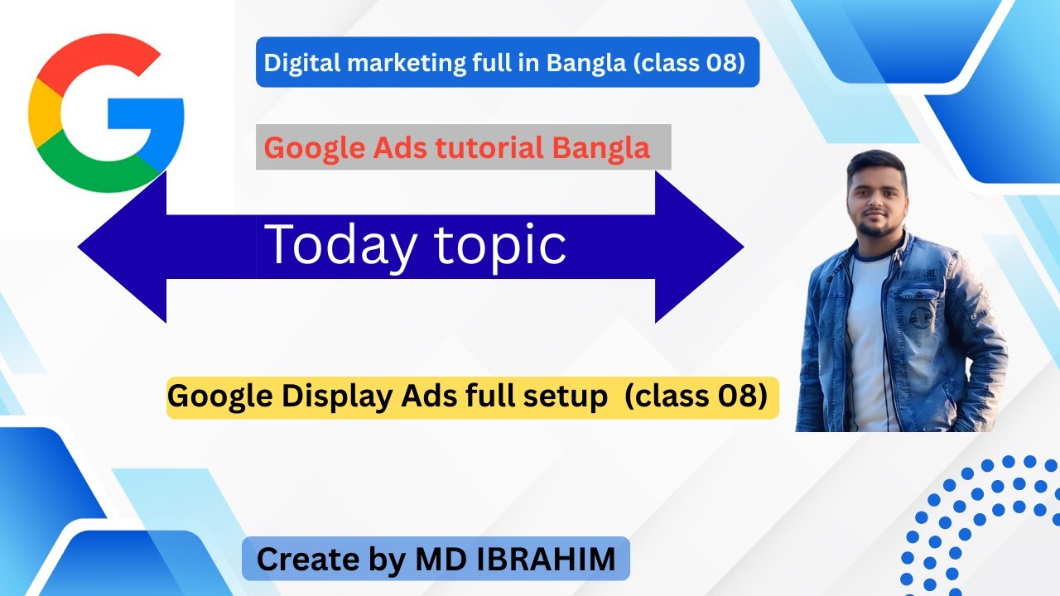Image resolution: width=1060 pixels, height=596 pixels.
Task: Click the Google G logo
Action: (105, 113)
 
